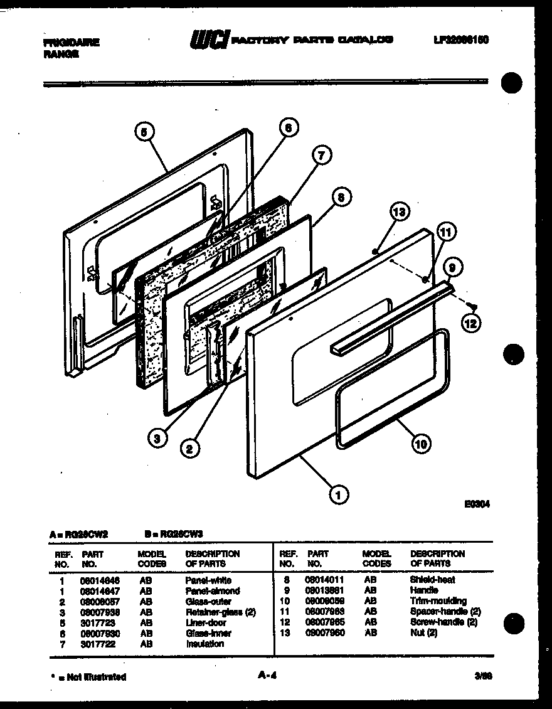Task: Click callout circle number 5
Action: point(144,132)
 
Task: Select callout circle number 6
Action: point(287,128)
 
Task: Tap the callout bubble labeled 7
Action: point(321,155)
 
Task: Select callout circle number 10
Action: point(420,444)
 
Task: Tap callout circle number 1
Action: point(339,495)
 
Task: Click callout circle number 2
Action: point(189,448)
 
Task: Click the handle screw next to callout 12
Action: point(474,306)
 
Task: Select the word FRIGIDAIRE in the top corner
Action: point(72,43)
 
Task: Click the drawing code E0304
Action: point(477,503)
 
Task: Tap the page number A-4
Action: point(268,676)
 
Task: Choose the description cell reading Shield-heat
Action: point(432,580)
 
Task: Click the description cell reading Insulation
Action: point(204,644)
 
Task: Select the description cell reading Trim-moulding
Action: point(438,601)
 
